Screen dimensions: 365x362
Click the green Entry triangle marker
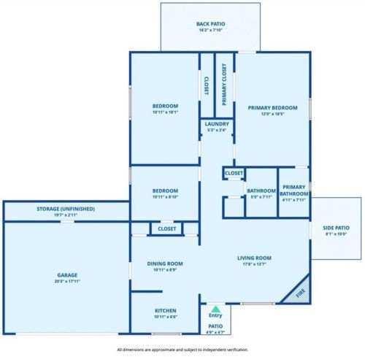pyautogui.click(x=215, y=309)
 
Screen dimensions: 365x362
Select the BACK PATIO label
pyautogui.click(x=210, y=24)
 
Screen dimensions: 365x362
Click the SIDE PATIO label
pyautogui.click(x=336, y=228)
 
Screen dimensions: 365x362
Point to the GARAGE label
pyautogui.click(x=67, y=275)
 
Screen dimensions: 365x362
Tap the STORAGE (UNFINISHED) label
pyautogui.click(x=66, y=209)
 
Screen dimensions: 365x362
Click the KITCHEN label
pyautogui.click(x=166, y=311)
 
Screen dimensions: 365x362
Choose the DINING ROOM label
pyautogui.click(x=165, y=263)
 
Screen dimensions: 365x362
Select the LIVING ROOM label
pyautogui.click(x=254, y=258)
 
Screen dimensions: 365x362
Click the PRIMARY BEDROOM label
pyautogui.click(x=272, y=108)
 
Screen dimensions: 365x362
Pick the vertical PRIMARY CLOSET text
pyautogui.click(x=224, y=85)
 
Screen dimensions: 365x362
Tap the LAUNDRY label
pyautogui.click(x=217, y=124)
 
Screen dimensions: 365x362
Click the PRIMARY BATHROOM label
pyautogui.click(x=294, y=190)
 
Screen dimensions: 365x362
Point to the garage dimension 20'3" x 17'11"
pyautogui.click(x=67, y=282)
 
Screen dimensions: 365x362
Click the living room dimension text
pyautogui.click(x=254, y=264)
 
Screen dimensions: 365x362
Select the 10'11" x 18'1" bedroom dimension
pyautogui.click(x=165, y=112)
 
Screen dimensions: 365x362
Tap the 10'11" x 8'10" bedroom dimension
pyautogui.click(x=165, y=197)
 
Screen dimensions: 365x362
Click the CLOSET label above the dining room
pyautogui.click(x=166, y=228)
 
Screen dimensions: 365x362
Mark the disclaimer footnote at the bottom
pyautogui.click(x=182, y=350)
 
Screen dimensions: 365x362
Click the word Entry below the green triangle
pyautogui.click(x=215, y=315)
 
